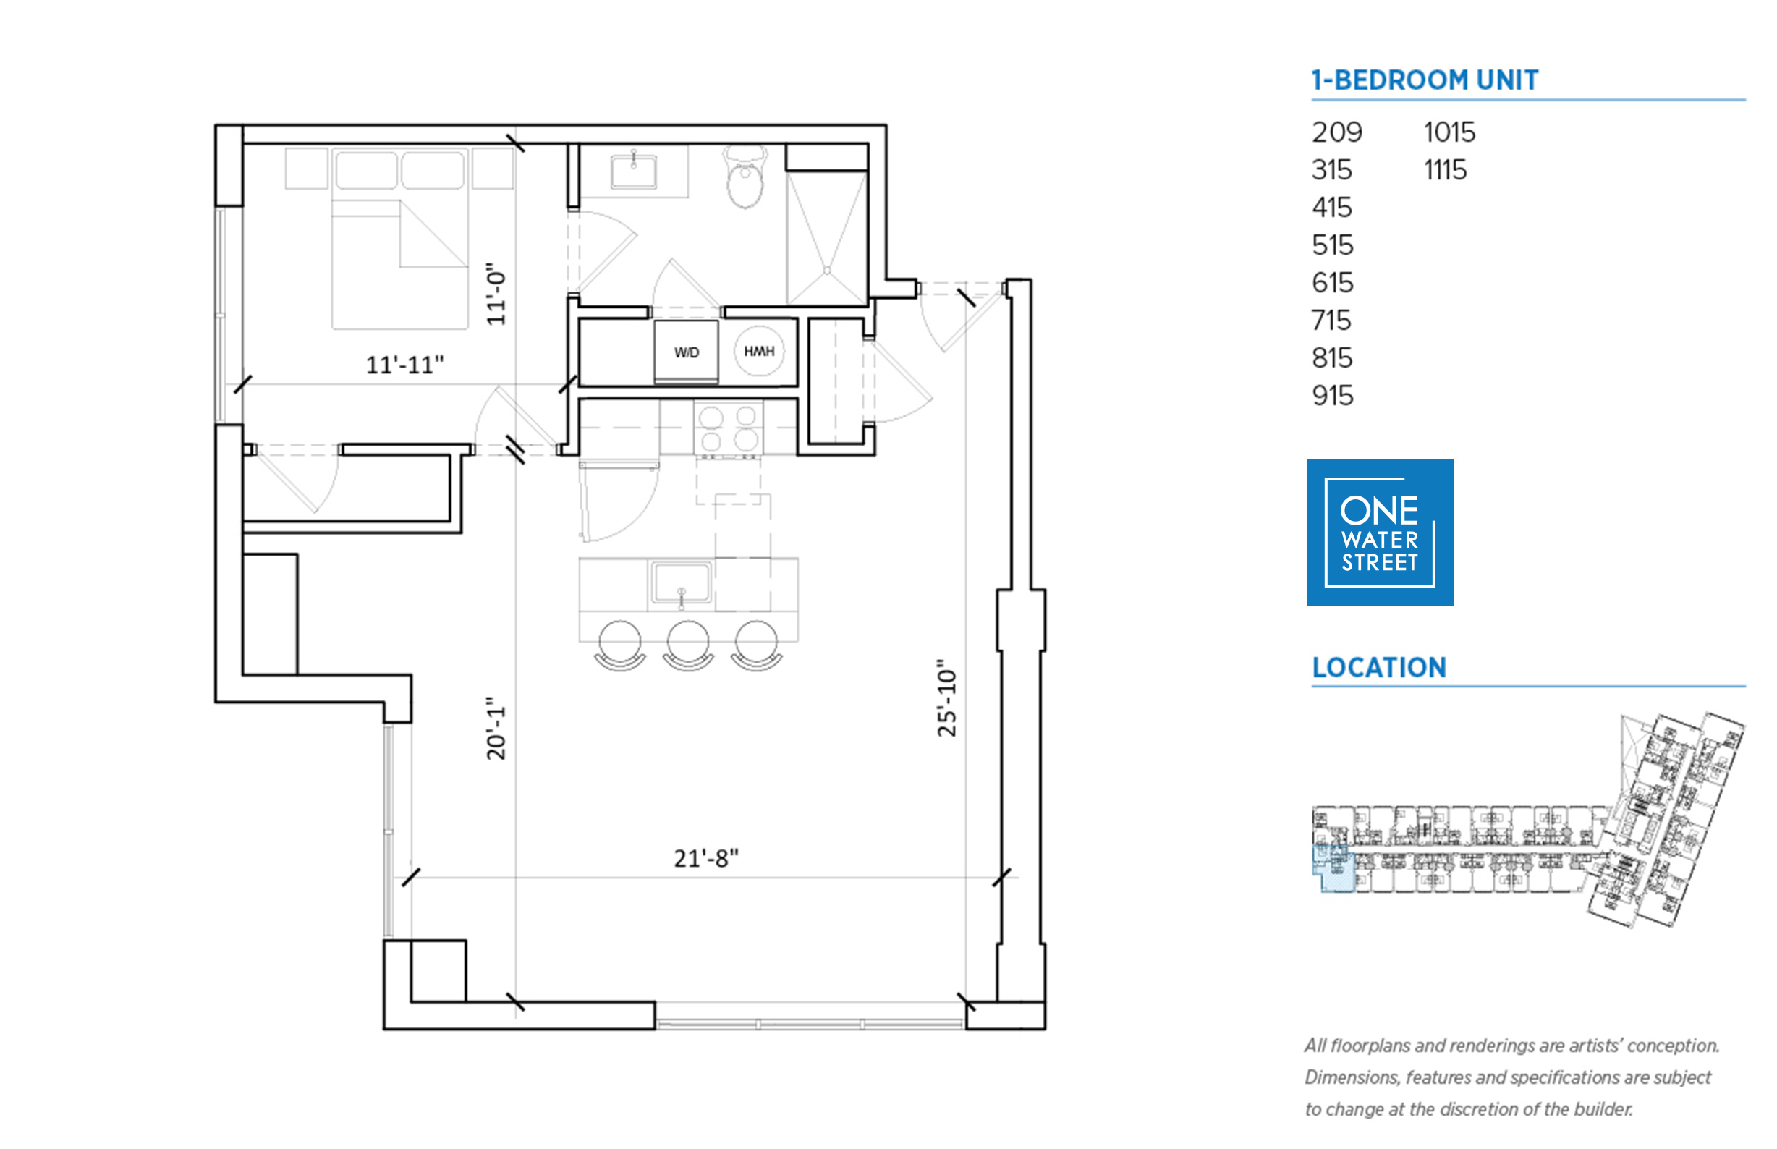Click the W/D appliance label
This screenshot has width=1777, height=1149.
pos(686,352)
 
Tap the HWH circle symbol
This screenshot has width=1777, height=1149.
pos(759,351)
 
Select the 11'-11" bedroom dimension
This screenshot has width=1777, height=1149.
pos(404,365)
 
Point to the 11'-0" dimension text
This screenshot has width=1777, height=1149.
pos(496,294)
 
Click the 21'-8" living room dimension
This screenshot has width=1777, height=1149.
pos(705,858)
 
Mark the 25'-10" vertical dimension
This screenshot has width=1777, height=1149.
pos(946,698)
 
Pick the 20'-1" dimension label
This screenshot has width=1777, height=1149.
pos(496,728)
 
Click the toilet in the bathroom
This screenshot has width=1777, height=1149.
pos(745,176)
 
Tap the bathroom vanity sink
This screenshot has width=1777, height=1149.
pos(633,171)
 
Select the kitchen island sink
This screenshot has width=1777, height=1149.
pos(681,582)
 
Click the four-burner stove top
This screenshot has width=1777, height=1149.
pos(728,428)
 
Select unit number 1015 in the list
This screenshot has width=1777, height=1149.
pos(1449,132)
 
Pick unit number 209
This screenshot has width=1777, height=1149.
pos(1337,132)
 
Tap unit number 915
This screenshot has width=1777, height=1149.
pos(1332,396)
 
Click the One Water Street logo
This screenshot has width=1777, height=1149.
pos(1379,532)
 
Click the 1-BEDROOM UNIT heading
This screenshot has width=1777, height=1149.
pos(1425,80)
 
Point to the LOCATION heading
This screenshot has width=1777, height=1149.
pos(1379,667)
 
